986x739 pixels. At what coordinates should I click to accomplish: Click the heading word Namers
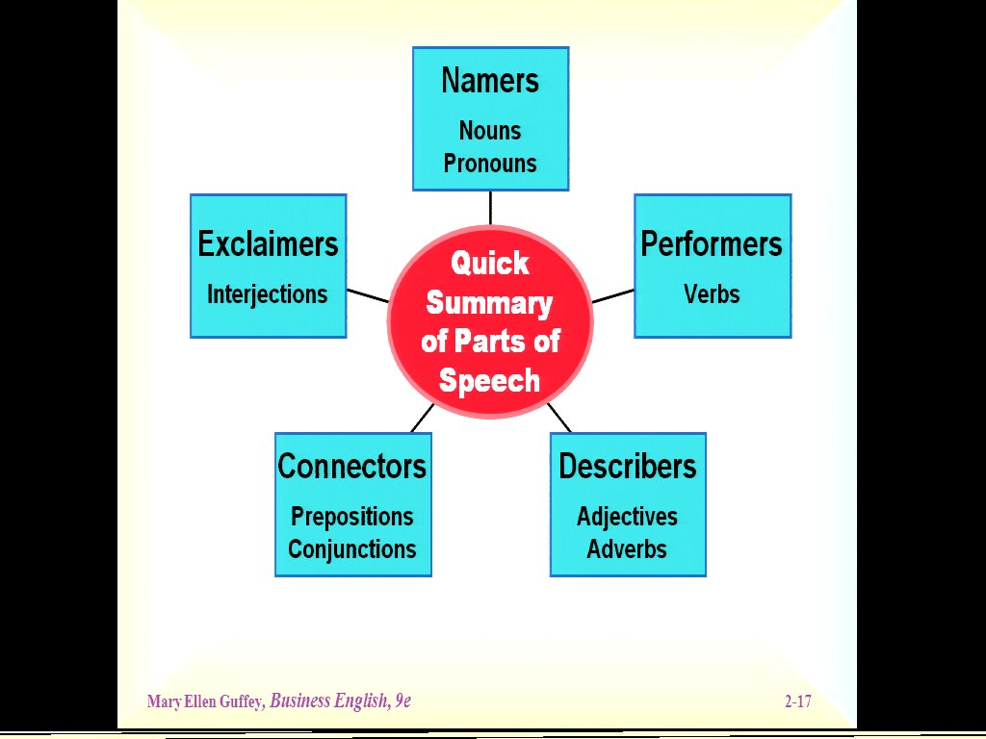click(x=490, y=81)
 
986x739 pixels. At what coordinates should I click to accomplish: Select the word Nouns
click(x=490, y=130)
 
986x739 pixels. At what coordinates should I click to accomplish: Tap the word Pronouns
click(x=490, y=163)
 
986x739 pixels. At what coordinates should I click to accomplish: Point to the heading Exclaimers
click(x=268, y=244)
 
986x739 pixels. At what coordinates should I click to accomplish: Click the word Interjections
click(x=268, y=294)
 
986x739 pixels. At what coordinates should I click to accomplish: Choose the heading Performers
click(x=712, y=244)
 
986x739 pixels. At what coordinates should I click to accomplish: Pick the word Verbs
click(x=712, y=294)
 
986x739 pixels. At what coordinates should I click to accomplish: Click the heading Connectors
click(x=352, y=467)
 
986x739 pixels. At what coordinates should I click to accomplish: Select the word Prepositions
click(x=352, y=517)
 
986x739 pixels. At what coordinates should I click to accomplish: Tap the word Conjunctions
click(x=352, y=549)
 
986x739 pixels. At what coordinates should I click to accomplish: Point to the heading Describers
click(x=628, y=467)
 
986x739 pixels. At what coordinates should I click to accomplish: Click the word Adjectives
click(x=628, y=517)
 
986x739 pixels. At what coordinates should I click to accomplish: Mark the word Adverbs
click(x=628, y=549)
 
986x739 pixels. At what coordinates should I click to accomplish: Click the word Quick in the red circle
click(x=490, y=263)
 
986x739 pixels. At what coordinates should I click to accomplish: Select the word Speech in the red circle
click(x=490, y=381)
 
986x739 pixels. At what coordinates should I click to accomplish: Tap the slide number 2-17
click(x=797, y=701)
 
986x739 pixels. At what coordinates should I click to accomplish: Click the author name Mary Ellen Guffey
click(x=205, y=701)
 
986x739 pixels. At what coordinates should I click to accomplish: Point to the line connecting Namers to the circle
click(x=490, y=207)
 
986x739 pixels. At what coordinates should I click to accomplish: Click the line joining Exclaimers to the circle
click(x=367, y=295)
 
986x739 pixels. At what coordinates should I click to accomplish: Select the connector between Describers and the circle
click(x=559, y=418)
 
